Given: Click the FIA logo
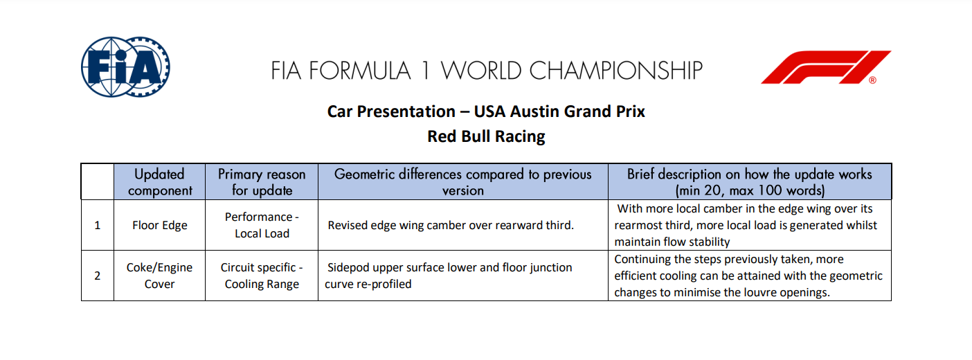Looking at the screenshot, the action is pyautogui.click(x=125, y=66).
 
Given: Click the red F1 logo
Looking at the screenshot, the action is pyautogui.click(x=826, y=67).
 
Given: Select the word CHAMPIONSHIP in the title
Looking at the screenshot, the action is pyautogui.click(x=615, y=70).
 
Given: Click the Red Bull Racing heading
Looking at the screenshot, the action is pyautogui.click(x=486, y=136).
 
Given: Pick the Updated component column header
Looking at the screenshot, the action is pyautogui.click(x=160, y=182).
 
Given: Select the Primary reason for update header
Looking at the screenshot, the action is pyautogui.click(x=262, y=182).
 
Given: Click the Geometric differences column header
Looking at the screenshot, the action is pyautogui.click(x=463, y=182).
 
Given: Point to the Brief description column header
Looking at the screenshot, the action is pyautogui.click(x=749, y=182).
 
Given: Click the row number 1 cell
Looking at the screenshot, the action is pyautogui.click(x=97, y=225).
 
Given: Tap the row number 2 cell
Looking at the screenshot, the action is pyautogui.click(x=97, y=276).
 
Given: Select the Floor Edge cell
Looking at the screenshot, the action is pyautogui.click(x=160, y=225).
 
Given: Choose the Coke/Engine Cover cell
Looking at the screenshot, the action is pyautogui.click(x=160, y=276).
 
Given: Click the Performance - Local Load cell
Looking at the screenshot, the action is pyautogui.click(x=262, y=225).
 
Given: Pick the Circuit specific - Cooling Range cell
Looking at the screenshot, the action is pyautogui.click(x=262, y=276).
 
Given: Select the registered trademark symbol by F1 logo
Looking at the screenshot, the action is pyautogui.click(x=872, y=80).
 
